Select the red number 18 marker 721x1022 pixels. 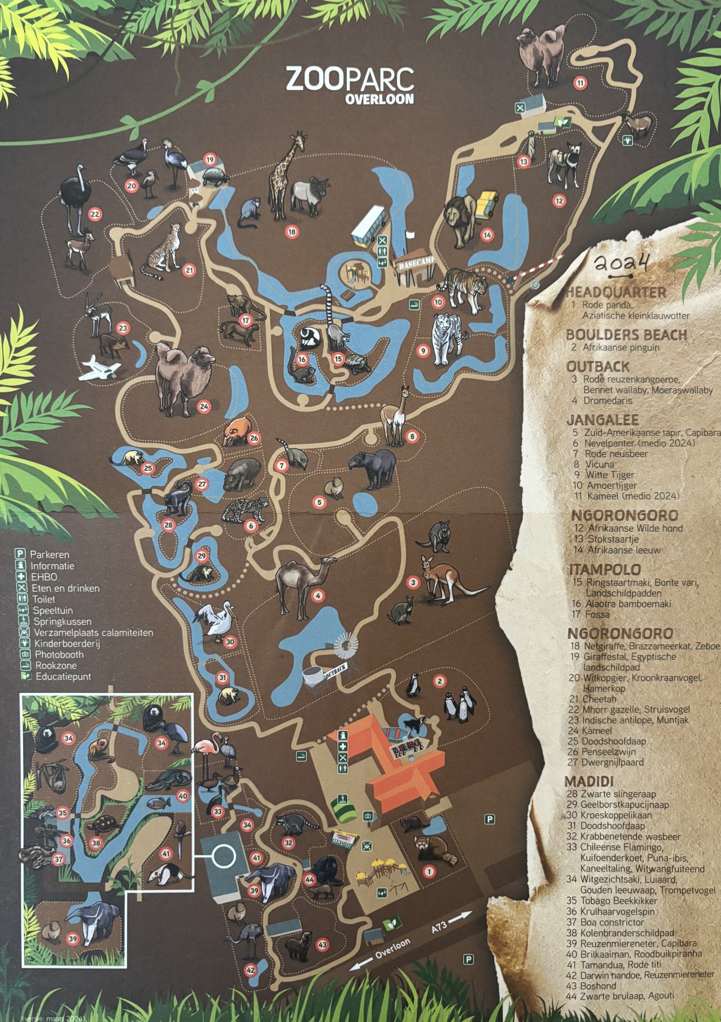292,232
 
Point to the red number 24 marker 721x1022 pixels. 204,406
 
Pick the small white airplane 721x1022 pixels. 100,368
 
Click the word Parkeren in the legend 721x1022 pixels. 50,555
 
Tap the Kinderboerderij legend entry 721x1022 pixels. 67,643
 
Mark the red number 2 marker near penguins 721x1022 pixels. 440,681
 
